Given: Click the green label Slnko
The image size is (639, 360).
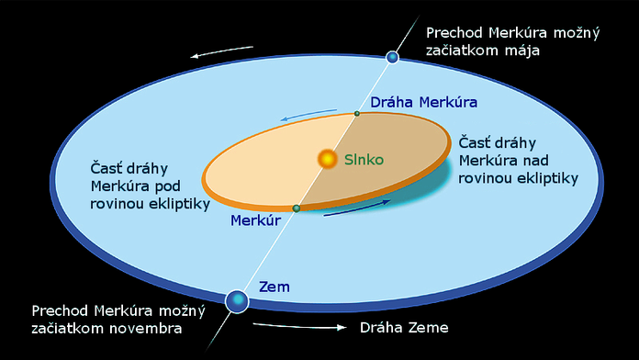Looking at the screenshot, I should pyautogui.click(x=364, y=160).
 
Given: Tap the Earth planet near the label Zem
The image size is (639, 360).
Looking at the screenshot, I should pyautogui.click(x=237, y=299).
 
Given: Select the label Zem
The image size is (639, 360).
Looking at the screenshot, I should pyautogui.click(x=275, y=287).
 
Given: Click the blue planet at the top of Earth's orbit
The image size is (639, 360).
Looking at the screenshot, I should pyautogui.click(x=393, y=58).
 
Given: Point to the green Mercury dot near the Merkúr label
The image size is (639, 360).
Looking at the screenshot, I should pyautogui.click(x=296, y=208).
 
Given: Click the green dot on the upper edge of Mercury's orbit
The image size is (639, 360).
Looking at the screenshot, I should pyautogui.click(x=357, y=114).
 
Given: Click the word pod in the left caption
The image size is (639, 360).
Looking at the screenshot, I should pyautogui.click(x=171, y=187).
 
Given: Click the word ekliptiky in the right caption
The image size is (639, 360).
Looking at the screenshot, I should pyautogui.click(x=546, y=179).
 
